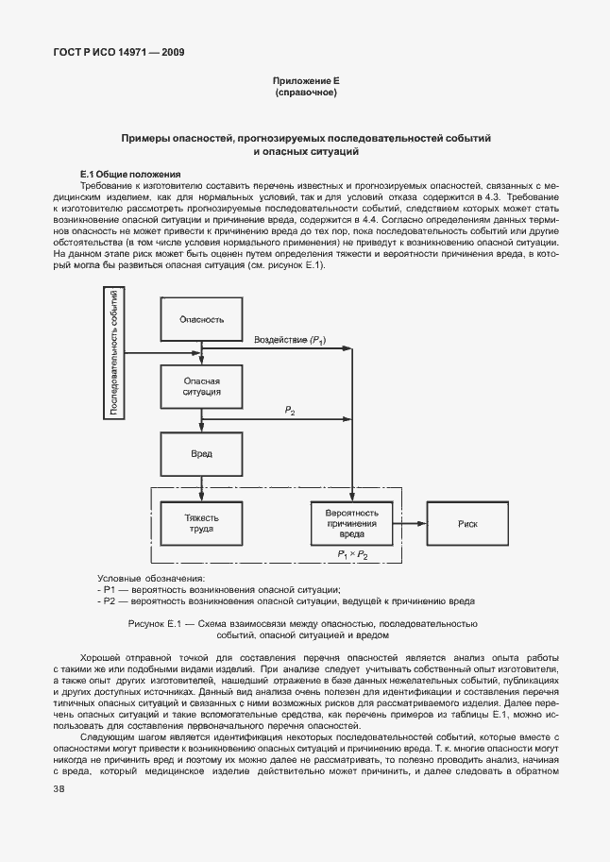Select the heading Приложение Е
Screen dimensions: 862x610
point(305,82)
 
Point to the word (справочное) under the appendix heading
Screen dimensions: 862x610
point(305,93)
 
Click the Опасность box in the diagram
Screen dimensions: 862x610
point(201,319)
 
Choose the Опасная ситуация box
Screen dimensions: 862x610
point(201,385)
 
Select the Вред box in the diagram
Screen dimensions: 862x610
point(201,453)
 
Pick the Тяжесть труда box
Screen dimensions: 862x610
point(201,523)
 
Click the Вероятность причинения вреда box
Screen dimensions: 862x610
point(351,523)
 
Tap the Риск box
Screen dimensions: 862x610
point(467,523)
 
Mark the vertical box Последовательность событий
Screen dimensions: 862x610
point(113,354)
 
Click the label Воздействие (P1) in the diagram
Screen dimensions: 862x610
point(289,339)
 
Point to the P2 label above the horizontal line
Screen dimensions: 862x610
point(290,411)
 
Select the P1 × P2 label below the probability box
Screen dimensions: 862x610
point(351,556)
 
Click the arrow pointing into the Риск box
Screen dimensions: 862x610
point(415,523)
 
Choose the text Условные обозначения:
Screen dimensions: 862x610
point(151,579)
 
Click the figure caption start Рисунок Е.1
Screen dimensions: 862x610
point(160,624)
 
